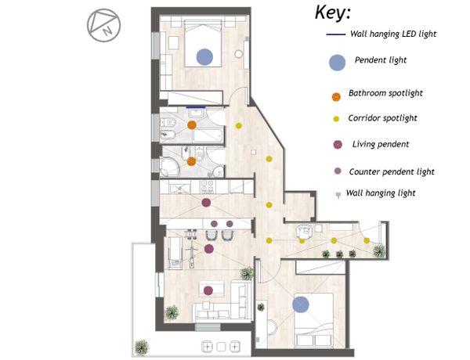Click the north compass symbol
103,25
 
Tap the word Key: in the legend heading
333,13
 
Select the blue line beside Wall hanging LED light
336,34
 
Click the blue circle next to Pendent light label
337,63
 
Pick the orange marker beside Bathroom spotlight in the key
336,97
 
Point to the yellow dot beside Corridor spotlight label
336,119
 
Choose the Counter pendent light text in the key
392,172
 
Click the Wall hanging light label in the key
381,193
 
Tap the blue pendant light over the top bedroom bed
204,57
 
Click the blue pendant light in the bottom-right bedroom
301,304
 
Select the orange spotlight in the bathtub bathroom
192,125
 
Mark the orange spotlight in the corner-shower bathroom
192,162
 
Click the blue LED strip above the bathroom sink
196,107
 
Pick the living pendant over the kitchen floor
206,203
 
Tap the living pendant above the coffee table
208,290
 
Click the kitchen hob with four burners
207,186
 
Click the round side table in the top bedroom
239,54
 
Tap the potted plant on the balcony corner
142,347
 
